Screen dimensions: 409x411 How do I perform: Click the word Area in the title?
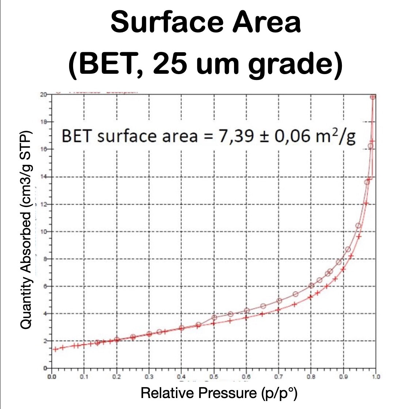click(x=267, y=22)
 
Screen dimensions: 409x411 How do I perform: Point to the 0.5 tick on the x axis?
click(x=214, y=376)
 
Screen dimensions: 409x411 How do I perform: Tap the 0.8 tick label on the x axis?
click(x=311, y=376)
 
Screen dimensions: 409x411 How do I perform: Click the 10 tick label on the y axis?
click(x=44, y=232)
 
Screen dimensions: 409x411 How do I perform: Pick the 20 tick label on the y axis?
click(x=44, y=95)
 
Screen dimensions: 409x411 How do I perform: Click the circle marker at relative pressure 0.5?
click(x=214, y=317)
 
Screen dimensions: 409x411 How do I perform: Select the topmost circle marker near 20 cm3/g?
click(x=373, y=97)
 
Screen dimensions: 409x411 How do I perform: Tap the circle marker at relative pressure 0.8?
click(x=311, y=286)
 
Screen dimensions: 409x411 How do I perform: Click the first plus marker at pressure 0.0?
click(x=55, y=349)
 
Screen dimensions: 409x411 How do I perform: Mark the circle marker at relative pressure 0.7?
click(x=279, y=301)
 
